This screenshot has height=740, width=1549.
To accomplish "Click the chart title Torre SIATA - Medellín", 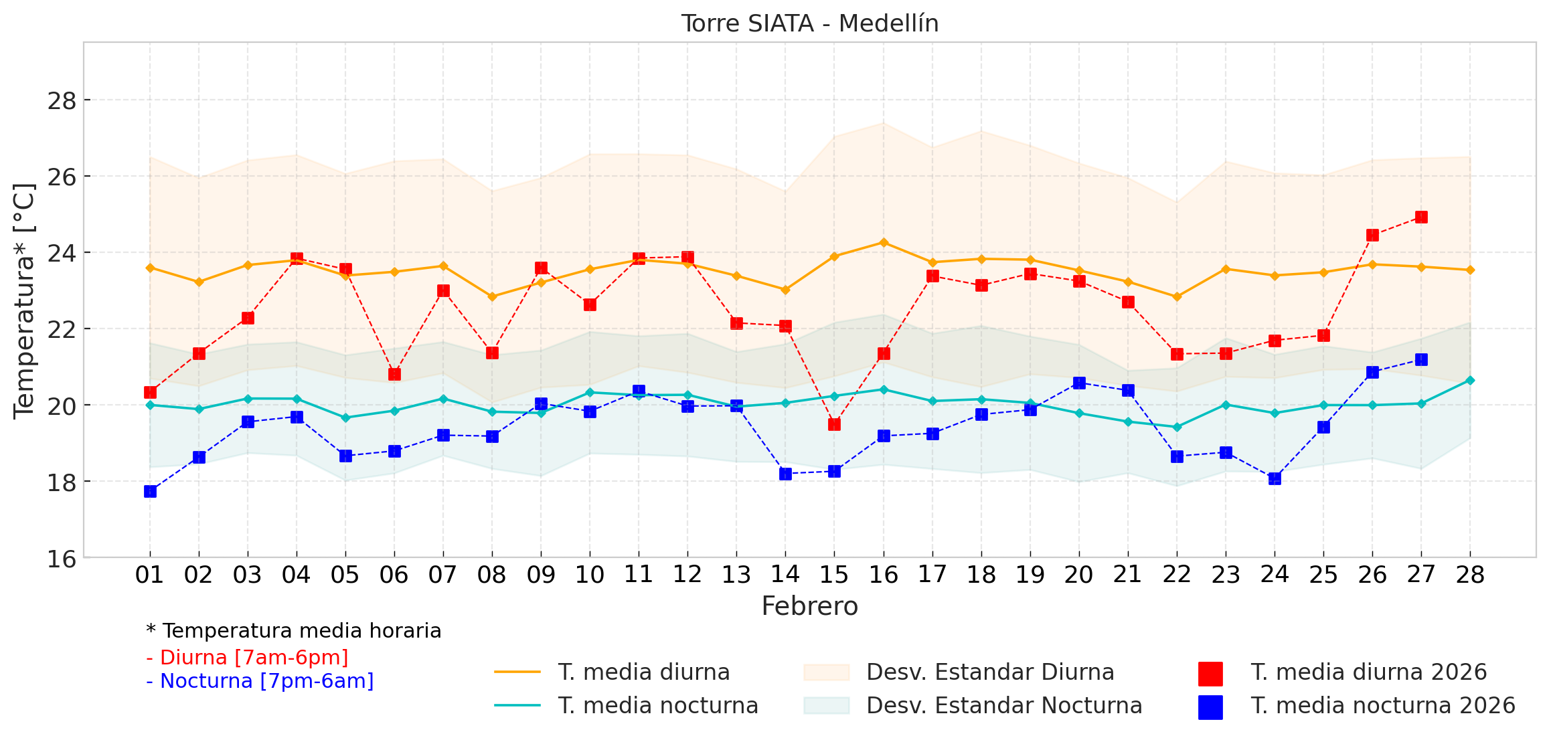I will (809, 23).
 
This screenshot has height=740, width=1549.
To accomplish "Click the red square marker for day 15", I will (834, 424).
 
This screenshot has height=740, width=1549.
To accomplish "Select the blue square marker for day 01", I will (150, 491).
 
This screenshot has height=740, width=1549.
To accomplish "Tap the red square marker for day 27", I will (1421, 217).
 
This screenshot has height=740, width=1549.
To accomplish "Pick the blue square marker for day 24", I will (1275, 478).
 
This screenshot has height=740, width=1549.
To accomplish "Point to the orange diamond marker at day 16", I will (884, 242).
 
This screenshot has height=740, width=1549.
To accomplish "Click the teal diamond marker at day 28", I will (1470, 380).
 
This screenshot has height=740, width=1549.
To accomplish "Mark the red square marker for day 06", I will (394, 374).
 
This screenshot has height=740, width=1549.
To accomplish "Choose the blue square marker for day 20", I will (1079, 383).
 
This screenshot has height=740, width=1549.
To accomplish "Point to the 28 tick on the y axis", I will (61, 101).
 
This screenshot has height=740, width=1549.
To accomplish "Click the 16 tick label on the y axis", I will (61, 559).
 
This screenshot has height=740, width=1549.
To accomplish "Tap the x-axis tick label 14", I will (785, 575).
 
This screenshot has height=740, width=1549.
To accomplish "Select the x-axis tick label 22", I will (1177, 575).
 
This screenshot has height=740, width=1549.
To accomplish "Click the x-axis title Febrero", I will (809, 606).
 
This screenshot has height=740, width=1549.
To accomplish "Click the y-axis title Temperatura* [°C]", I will (24, 301).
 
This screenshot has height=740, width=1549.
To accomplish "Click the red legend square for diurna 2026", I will (1210, 673).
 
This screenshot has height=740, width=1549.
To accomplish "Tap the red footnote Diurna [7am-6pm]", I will (248, 658).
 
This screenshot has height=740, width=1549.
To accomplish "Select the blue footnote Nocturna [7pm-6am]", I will (260, 681).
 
